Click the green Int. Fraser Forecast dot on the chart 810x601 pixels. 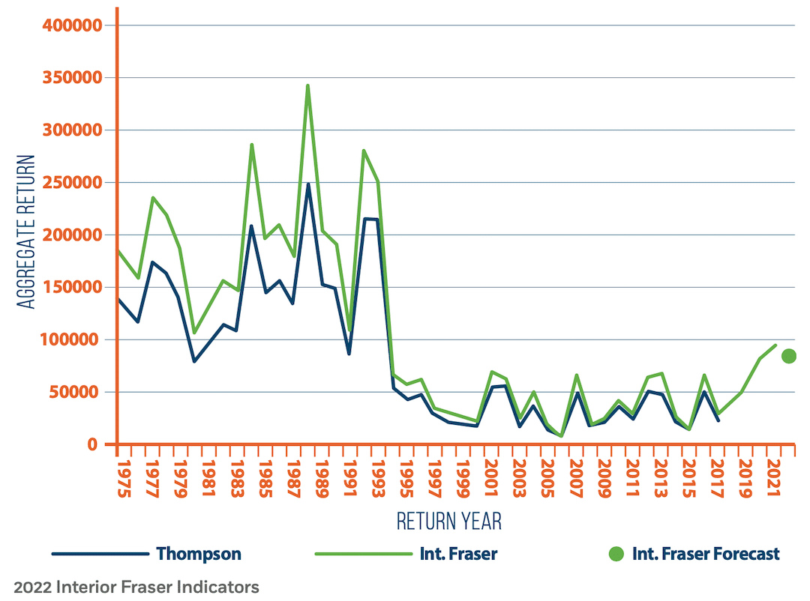point(788,356)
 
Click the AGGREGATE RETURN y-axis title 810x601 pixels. point(27,232)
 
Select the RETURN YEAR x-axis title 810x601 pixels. point(448,521)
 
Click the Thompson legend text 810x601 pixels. point(199,555)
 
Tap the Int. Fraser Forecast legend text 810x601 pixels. point(706,555)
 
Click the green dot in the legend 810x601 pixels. point(616,555)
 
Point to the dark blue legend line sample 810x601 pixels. point(100,555)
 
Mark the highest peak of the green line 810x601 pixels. point(307,85)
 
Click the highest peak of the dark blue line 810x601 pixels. point(307,184)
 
